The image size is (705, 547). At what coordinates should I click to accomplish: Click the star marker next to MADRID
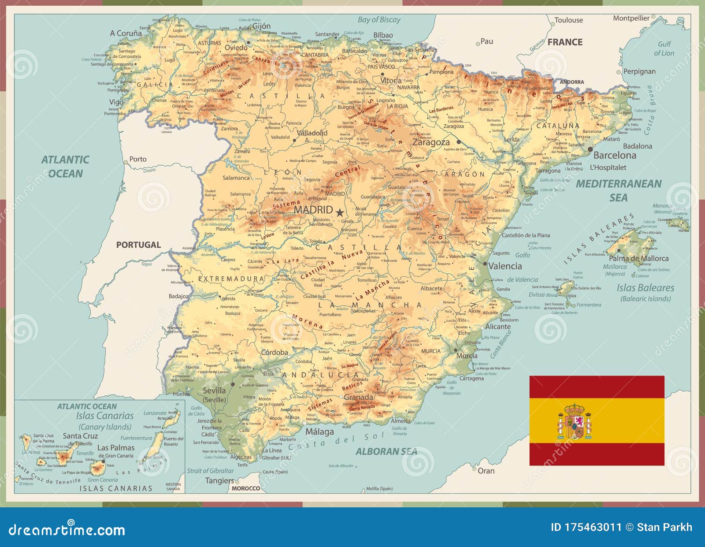pos(339,212)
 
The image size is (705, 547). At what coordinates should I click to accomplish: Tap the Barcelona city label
pos(614,155)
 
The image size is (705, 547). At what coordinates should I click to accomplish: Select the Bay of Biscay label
pos(379,19)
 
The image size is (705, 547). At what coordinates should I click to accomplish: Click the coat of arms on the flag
pos(575,421)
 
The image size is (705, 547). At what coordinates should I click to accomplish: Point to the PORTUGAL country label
pos(138,245)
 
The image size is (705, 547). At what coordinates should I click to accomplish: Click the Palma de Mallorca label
pos(638,258)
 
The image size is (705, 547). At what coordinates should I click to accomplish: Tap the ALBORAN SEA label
pos(386,451)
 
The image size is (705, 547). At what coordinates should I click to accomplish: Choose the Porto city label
pos(137,159)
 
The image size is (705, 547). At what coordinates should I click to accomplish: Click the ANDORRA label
pos(571,82)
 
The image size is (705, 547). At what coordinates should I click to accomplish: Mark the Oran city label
pos(486,471)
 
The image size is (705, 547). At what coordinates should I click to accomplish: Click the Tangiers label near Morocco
pos(219,480)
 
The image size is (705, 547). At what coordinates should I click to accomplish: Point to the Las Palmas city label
pos(115,448)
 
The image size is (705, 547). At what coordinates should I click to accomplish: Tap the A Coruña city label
pos(126,33)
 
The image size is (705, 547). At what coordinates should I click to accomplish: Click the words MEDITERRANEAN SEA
pos(618,190)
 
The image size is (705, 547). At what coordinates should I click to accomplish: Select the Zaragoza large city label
pos(431,142)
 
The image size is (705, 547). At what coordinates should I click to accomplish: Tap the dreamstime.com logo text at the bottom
pos(67,530)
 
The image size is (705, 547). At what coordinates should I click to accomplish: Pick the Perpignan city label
pos(639,71)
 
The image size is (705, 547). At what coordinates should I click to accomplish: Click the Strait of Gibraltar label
pos(210,471)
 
